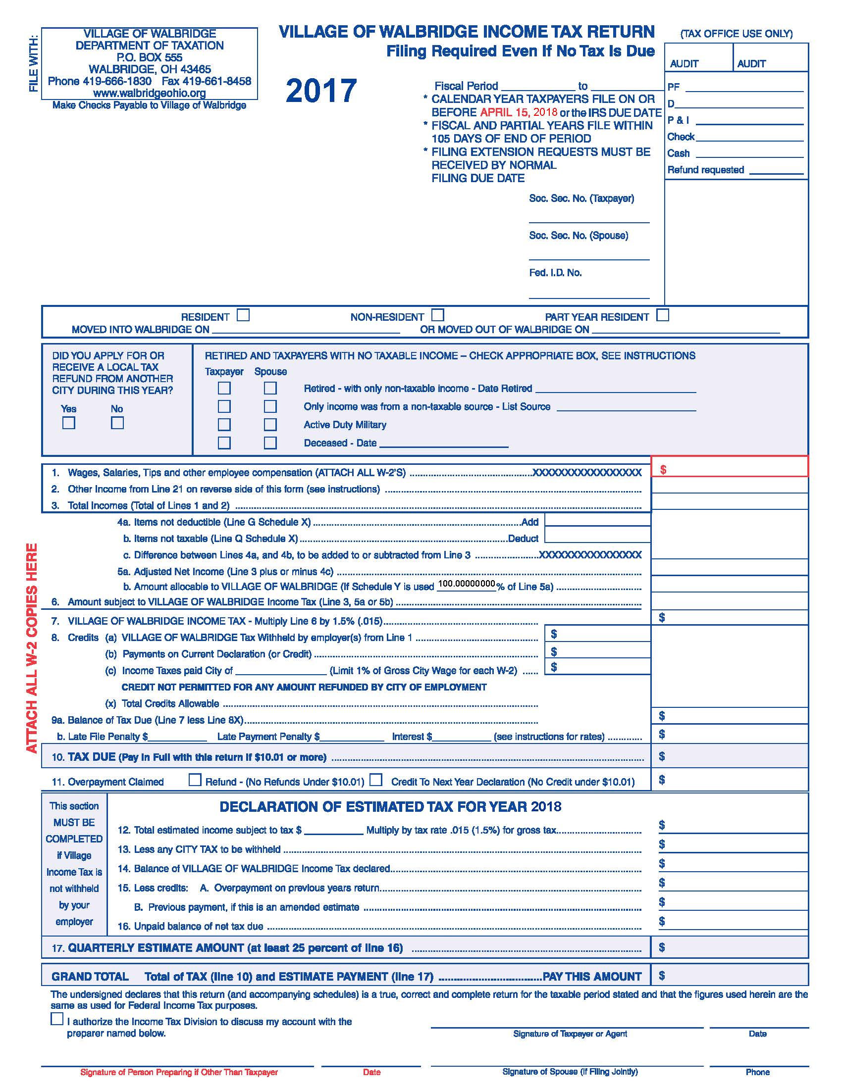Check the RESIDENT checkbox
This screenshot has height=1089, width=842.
click(x=243, y=315)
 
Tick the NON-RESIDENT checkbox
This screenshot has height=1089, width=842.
click(x=437, y=315)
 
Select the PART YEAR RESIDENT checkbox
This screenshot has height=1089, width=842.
click(x=662, y=315)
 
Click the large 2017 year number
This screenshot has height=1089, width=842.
click(x=321, y=91)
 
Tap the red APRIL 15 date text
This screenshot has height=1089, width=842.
click(x=504, y=112)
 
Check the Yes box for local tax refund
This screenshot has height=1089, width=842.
click(x=69, y=423)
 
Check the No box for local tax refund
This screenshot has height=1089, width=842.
click(x=117, y=423)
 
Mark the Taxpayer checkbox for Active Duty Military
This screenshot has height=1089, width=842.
click(x=224, y=424)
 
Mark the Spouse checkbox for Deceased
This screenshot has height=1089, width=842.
click(x=270, y=443)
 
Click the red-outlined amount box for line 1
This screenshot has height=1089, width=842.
click(x=729, y=467)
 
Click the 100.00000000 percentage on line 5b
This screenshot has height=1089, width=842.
click(x=467, y=584)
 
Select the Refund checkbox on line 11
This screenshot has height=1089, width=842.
click(x=195, y=780)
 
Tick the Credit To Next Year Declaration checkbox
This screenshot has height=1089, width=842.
click(x=376, y=780)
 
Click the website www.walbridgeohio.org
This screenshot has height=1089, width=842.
click(x=150, y=93)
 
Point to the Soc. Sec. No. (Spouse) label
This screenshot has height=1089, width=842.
click(x=578, y=235)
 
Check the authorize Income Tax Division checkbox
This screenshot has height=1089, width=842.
click(x=57, y=1019)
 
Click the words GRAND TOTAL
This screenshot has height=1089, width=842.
click(x=90, y=976)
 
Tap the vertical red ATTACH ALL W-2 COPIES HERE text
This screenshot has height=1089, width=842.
click(x=32, y=648)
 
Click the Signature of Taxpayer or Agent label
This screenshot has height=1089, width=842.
click(x=570, y=1034)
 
